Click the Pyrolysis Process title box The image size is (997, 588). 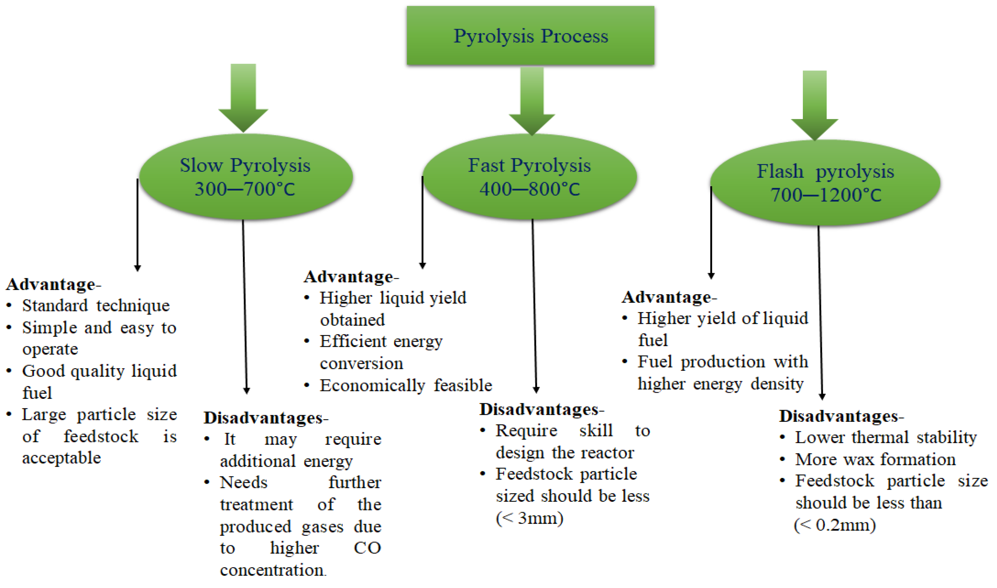tap(530, 36)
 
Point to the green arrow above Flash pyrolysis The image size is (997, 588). tap(814, 105)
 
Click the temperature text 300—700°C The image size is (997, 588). tap(245, 189)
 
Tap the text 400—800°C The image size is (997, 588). tap(529, 189)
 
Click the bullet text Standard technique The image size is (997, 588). tap(95, 306)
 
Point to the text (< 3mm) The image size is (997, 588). tap(529, 518)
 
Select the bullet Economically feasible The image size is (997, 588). tap(406, 385)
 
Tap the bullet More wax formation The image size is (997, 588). tap(875, 459)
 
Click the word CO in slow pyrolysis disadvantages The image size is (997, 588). tap(367, 548)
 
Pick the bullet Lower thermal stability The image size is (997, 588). tap(886, 437)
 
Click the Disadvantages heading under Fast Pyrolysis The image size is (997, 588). tap(539, 409)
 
